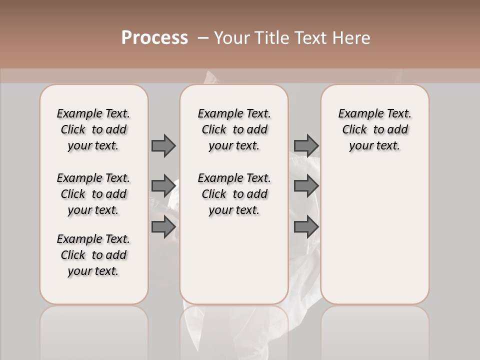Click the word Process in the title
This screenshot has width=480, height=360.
pos(154,38)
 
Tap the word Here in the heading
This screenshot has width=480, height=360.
pos(350,38)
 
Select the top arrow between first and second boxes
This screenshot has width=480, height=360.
pos(163,145)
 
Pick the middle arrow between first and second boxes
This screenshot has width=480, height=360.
pos(163,186)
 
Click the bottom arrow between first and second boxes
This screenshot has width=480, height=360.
pos(163,227)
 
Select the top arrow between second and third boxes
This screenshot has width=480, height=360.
pos(306,145)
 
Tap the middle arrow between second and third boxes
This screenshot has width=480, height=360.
pos(306,186)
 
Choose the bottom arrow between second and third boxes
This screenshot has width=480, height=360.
pos(306,227)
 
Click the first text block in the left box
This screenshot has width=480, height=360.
pos(93,129)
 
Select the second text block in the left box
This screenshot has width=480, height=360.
pos(93,194)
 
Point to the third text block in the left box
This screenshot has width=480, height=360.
pos(93,255)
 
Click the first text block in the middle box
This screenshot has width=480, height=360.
pos(234,129)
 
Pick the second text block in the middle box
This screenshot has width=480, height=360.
pos(234,194)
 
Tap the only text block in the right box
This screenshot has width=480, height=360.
pos(374,129)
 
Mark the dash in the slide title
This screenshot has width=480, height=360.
pos(202,38)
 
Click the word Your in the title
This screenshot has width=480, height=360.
pos(232,38)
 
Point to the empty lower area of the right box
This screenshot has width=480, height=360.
pos(374,235)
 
